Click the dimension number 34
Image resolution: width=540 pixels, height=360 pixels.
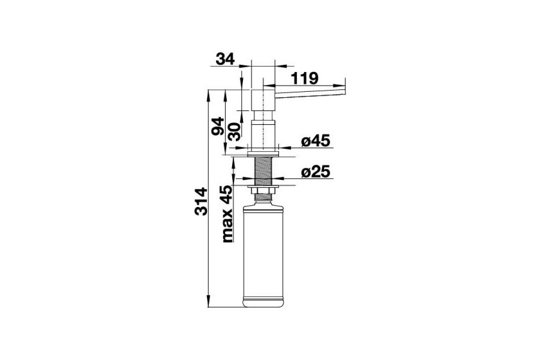click(x=225, y=59)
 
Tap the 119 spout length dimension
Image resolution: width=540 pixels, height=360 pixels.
click(x=305, y=78)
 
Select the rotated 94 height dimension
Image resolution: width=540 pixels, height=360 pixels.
click(x=218, y=126)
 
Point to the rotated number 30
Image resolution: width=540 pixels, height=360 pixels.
click(x=234, y=132)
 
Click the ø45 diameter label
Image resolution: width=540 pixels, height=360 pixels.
click(x=315, y=140)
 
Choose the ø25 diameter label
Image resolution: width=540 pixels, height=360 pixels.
click(x=315, y=172)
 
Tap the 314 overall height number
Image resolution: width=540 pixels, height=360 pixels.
click(x=201, y=201)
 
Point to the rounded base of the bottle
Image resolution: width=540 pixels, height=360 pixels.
click(x=263, y=303)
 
